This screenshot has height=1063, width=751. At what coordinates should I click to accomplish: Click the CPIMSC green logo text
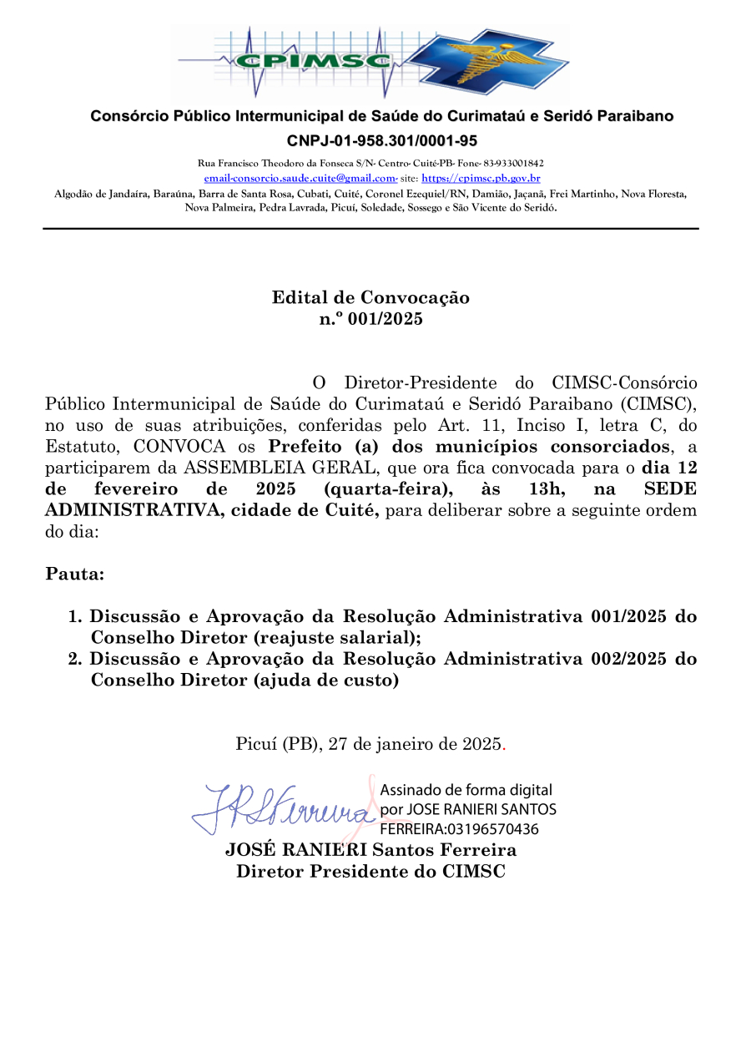[x=313, y=60]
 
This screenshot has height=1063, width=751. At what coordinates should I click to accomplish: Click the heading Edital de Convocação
[x=370, y=298]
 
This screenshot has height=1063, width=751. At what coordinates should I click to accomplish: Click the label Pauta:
[x=75, y=575]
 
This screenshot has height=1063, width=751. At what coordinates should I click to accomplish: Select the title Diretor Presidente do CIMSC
[x=370, y=872]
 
